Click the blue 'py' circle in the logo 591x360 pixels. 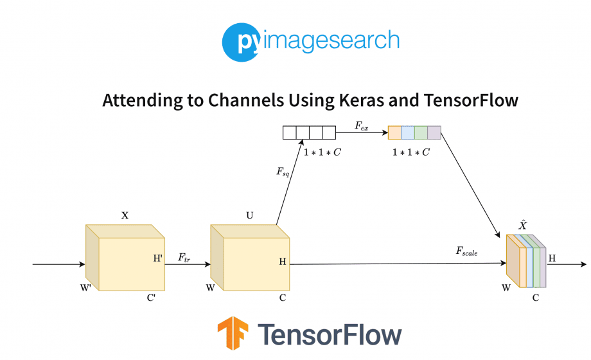coord(240,42)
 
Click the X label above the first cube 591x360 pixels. coord(125,216)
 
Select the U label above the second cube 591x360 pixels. coord(249,216)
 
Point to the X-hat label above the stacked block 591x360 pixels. coord(523,225)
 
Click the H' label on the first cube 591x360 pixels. coord(157,258)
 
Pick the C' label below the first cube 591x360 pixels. coord(151,298)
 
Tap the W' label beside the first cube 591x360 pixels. coord(85,287)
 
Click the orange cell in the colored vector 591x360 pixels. coord(394,133)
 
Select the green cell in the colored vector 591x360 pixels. coord(421,133)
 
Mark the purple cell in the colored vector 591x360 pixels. coord(434,133)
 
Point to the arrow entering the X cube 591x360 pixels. coord(58,264)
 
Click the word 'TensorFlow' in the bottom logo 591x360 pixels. coord(330,334)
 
